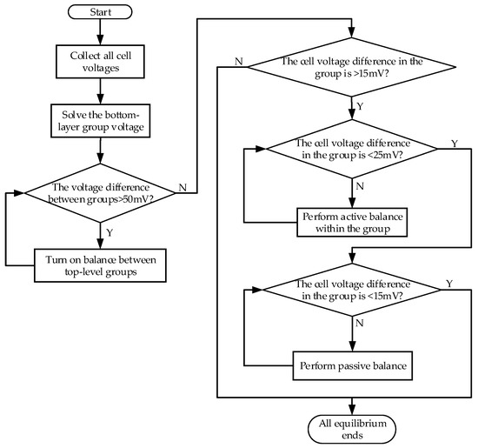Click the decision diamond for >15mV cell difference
(351, 69)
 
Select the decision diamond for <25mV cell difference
(351, 150)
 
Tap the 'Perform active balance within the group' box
(351, 222)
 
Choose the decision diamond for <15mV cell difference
(351, 291)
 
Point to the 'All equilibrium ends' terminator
(351, 427)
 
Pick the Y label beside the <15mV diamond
(448, 284)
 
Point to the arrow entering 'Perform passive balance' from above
(351, 335)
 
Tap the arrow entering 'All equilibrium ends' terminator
(351, 405)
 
